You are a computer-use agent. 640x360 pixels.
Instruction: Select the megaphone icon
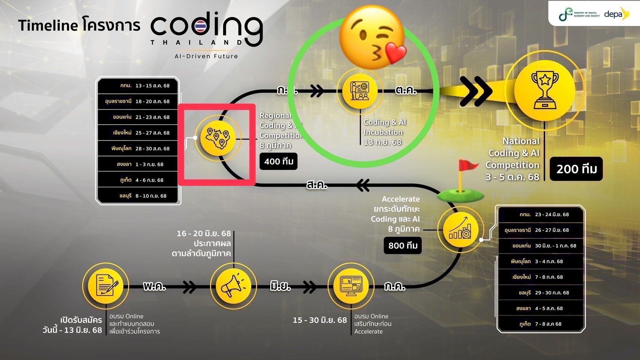point(233,287)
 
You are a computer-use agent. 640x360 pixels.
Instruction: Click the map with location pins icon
point(218,138)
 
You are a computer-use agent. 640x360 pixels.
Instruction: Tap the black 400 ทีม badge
point(279,161)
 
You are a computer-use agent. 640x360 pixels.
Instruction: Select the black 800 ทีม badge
point(403,246)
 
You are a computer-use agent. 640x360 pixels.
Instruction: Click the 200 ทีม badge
point(576,169)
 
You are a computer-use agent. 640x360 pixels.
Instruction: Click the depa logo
point(616,14)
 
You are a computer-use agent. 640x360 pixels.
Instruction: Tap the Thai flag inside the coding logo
point(201,27)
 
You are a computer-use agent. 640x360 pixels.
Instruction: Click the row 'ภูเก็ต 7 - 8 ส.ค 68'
point(541,324)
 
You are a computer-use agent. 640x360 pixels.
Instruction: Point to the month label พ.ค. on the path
point(154,287)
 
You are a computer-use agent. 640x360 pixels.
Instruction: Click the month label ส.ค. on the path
point(317,185)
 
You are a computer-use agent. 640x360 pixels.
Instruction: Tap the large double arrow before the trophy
point(476,91)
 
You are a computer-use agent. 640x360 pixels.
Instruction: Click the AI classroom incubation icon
point(360,91)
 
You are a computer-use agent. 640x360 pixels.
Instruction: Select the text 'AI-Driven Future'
point(206,56)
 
